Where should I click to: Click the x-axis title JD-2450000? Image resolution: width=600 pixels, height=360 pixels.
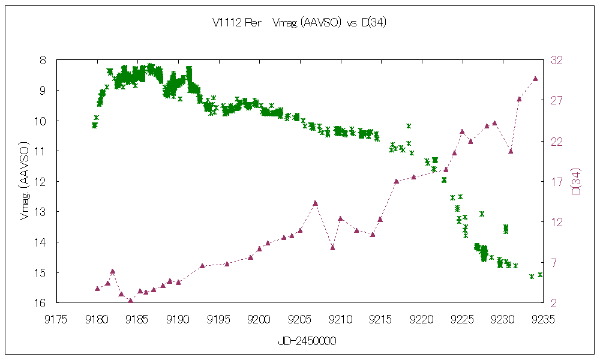(307, 341)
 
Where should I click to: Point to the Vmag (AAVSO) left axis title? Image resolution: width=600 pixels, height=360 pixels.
(25, 181)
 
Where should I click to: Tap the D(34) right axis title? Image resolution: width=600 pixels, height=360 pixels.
(576, 181)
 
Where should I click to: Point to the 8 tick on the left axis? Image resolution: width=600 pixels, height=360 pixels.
(43, 60)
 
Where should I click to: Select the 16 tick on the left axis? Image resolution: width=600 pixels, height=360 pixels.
(40, 303)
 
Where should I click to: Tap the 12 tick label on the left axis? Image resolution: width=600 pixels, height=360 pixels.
(40, 181)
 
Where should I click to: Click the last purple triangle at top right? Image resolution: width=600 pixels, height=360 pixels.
(535, 79)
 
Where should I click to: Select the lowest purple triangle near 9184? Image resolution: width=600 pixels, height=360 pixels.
(130, 301)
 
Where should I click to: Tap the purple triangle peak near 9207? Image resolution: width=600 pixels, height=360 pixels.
(316, 203)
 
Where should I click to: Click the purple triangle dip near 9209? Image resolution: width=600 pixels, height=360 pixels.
(332, 247)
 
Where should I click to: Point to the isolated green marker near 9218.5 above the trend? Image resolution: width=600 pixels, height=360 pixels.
(409, 126)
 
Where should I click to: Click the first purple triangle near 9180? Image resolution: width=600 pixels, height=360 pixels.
(97, 289)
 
